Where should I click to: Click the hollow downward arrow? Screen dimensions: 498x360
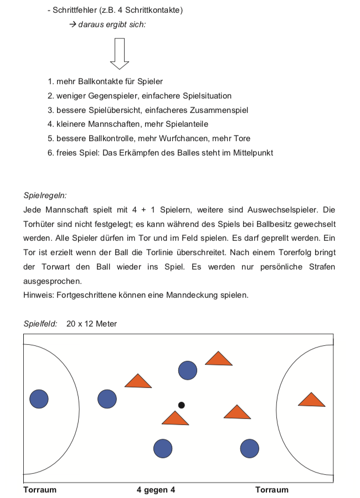pos(120,53)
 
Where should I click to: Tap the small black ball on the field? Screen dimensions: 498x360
pos(181,405)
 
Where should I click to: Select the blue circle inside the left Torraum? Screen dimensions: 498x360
pos(39,398)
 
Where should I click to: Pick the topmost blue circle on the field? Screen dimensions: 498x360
pos(188,370)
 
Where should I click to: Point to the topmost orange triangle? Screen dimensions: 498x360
pos(219,359)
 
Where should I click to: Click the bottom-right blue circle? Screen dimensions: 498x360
pos(250,448)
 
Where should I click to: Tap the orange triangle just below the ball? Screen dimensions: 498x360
pos(175,419)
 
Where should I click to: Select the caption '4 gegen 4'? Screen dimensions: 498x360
pos(156,490)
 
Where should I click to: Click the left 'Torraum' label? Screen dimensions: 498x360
pos(40,490)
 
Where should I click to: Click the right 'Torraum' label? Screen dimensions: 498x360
pos(272,490)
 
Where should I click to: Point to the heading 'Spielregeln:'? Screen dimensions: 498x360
pos(45,195)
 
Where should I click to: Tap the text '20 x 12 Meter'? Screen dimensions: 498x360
pos(91,324)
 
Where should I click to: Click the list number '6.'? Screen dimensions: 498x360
pos(50,153)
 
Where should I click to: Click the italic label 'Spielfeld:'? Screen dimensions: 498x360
pos(40,324)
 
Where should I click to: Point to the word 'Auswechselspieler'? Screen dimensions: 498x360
pos(284,210)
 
